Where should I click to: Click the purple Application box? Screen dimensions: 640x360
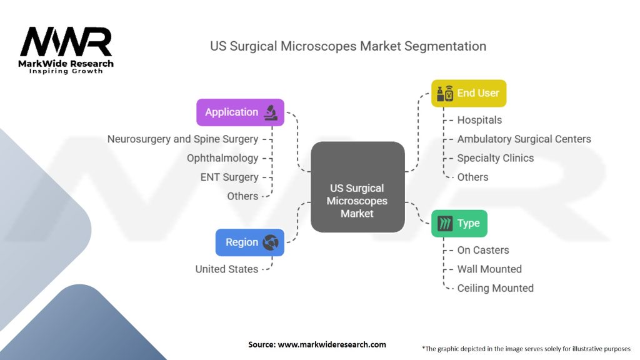(241, 112)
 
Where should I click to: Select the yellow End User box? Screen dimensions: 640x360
(469, 94)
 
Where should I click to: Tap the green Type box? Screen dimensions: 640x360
(459, 223)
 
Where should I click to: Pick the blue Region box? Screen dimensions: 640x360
(250, 242)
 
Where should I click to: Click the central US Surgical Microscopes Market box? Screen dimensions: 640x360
(357, 187)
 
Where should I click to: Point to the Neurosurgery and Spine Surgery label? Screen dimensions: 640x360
(183, 139)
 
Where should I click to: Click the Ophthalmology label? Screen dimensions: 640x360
(222, 158)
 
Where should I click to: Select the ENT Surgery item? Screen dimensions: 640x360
(229, 177)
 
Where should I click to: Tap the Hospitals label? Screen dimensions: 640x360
(479, 120)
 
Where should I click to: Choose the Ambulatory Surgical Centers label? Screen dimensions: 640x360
(524, 139)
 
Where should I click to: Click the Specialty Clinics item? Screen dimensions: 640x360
(496, 158)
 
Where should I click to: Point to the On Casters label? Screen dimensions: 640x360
(483, 250)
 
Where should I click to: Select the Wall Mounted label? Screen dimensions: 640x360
(489, 269)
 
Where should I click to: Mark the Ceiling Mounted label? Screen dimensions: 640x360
(496, 288)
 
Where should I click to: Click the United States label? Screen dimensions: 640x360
(226, 269)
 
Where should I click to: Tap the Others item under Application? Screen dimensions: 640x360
(242, 196)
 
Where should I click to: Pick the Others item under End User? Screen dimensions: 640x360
(472, 177)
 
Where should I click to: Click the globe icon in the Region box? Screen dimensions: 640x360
(271, 242)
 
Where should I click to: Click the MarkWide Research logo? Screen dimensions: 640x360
(66, 50)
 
